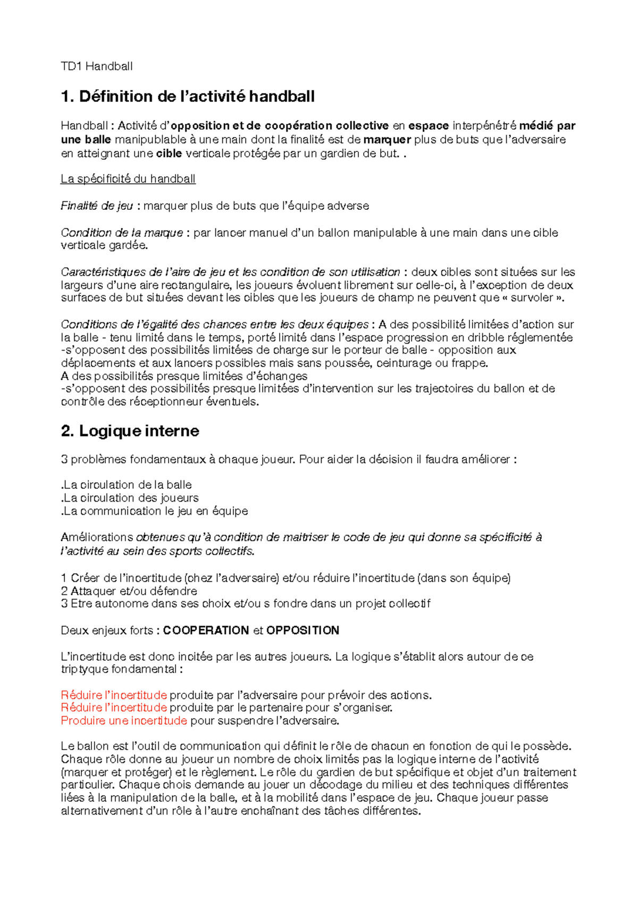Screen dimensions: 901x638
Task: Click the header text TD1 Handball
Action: [96, 66]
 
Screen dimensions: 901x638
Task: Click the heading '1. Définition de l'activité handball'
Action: [188, 96]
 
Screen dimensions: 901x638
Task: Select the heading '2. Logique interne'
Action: [130, 431]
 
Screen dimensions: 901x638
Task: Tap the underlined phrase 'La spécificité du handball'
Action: [128, 179]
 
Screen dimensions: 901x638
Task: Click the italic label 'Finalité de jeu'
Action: [97, 206]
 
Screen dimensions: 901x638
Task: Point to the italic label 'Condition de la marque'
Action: [122, 233]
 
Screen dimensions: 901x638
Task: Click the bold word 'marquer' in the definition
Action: [387, 140]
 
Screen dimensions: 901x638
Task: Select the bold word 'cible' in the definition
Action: [169, 154]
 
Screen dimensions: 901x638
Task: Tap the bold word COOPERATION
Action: [206, 631]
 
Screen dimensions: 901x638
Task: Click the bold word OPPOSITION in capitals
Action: [303, 631]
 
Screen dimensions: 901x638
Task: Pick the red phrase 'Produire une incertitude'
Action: [124, 721]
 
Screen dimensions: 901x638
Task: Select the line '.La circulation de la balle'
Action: [127, 485]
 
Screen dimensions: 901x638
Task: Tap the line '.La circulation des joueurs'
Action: [130, 498]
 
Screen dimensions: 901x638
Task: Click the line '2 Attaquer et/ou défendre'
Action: [129, 591]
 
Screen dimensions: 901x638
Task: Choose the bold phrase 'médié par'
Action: [547, 126]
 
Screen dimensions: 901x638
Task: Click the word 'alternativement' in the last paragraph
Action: [101, 811]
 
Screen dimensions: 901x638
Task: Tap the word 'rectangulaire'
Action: [196, 285]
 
